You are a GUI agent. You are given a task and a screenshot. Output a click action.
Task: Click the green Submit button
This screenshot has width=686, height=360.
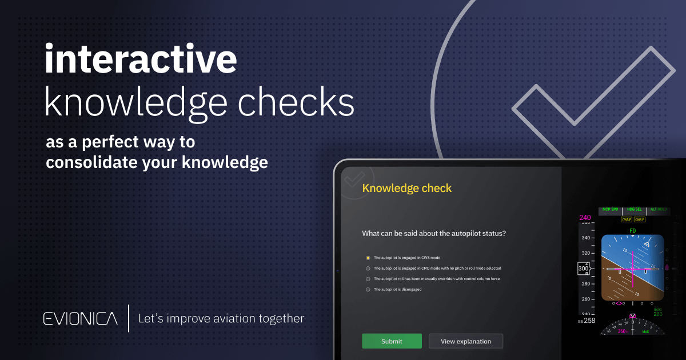pos(392,341)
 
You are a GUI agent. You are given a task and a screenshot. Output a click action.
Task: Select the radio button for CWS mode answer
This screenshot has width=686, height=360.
pos(368,258)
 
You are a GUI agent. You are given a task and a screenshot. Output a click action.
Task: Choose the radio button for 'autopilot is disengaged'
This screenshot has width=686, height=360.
pos(368,290)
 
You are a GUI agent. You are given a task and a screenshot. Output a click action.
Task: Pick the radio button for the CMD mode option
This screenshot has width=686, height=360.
pos(368,268)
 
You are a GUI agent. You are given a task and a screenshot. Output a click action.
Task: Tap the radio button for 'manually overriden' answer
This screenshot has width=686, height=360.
pos(368,279)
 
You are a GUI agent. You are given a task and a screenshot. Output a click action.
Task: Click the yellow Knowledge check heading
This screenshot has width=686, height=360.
pos(406,188)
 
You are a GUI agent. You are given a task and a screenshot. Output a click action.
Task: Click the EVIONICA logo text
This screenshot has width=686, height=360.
pos(81,319)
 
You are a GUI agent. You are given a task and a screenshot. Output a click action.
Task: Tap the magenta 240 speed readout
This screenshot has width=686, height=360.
pos(585,218)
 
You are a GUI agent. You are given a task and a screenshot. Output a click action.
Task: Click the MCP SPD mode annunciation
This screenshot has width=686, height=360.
pos(611,210)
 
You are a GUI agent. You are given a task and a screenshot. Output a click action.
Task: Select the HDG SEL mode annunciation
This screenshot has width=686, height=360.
pos(635,210)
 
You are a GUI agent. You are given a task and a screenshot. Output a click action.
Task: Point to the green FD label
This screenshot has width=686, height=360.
pos(632,231)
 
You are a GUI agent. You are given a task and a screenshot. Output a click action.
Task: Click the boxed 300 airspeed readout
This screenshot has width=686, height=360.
pos(583,268)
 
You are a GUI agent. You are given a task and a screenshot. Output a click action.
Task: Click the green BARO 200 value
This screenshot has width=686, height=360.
pos(657,314)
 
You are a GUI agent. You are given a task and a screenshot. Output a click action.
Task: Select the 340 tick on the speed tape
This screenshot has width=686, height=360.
pos(585,238)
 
